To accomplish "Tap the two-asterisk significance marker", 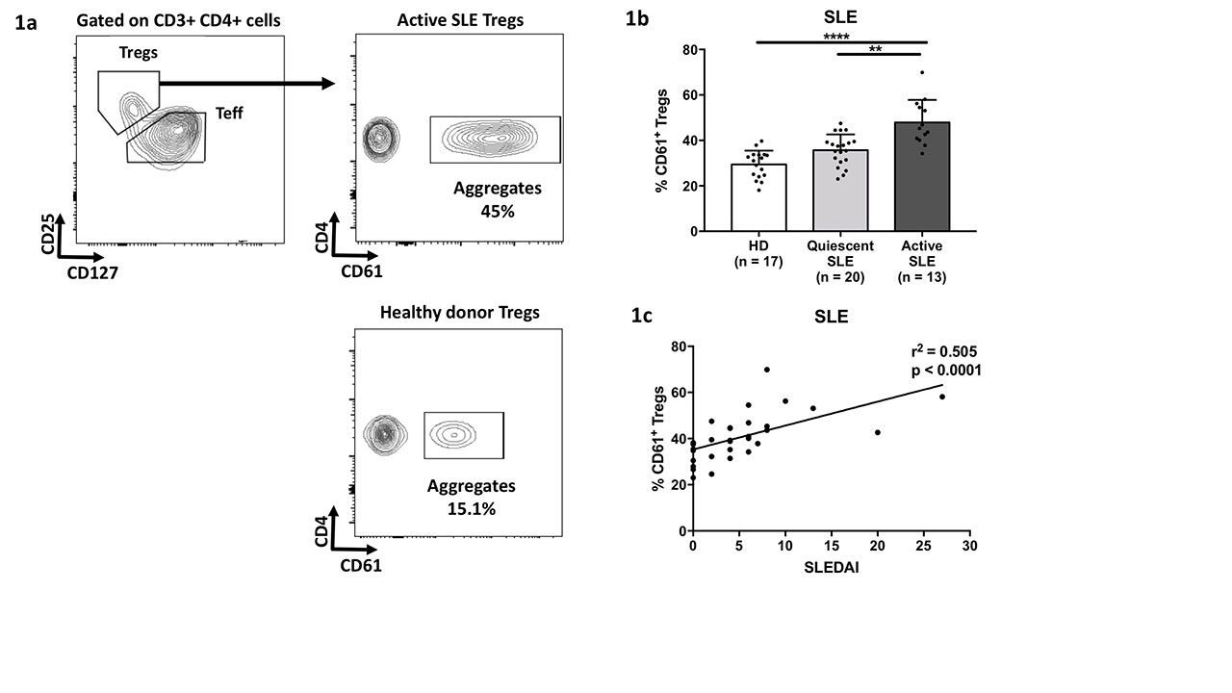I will click(x=875, y=49).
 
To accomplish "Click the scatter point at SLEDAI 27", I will click(x=942, y=397).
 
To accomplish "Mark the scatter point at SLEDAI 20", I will click(x=878, y=432).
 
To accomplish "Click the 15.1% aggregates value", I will click(x=471, y=507).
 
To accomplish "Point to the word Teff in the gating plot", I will click(x=229, y=114).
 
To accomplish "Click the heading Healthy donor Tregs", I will click(x=459, y=312).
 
